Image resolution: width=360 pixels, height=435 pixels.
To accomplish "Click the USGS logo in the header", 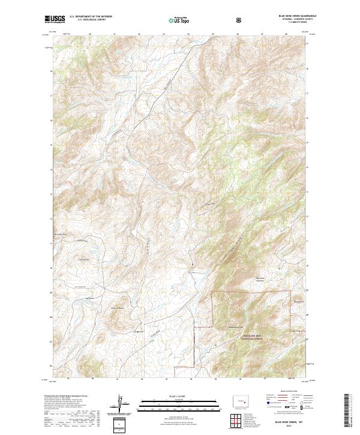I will point(55,19).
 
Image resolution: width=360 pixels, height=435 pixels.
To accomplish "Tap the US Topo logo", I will point(177,20).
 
